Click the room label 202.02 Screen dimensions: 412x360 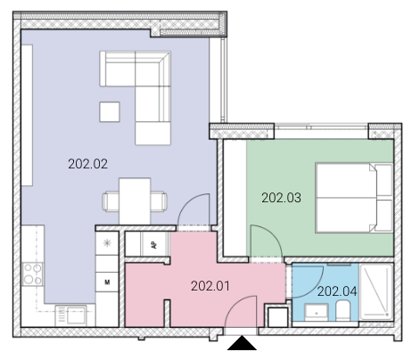[x=87, y=164]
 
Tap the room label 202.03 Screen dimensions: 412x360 [x=281, y=198]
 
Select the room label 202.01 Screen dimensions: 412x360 [x=210, y=286]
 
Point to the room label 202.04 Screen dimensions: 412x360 [x=337, y=291]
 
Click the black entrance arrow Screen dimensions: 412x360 [x=242, y=343]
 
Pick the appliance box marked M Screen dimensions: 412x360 [x=107, y=282]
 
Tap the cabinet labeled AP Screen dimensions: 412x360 [x=154, y=244]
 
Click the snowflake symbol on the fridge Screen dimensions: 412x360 [x=107, y=243]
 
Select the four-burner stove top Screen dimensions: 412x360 [x=32, y=274]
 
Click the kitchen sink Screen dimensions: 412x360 [x=71, y=315]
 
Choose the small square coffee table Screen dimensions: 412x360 [x=110, y=111]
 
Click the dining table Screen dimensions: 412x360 [x=135, y=201]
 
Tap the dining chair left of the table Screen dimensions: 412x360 [x=111, y=201]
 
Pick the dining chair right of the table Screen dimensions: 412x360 [x=159, y=201]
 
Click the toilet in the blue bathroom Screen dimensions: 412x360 [x=343, y=310]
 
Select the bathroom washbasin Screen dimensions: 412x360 [x=317, y=312]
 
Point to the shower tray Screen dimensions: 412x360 [x=376, y=292]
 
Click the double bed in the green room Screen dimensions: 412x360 [x=354, y=198]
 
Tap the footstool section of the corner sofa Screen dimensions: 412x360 [x=152, y=133]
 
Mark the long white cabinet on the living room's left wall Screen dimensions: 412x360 [x=27, y=115]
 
